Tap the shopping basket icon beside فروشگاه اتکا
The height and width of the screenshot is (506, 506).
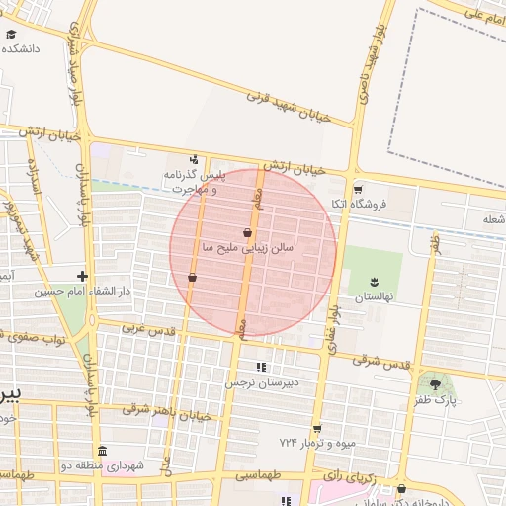tap(358, 190)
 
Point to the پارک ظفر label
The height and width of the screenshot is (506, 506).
tap(436, 400)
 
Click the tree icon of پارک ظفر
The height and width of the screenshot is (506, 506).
tap(436, 383)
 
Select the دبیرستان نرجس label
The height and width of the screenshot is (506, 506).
tap(262, 381)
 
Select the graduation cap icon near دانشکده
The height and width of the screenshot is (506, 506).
tap(11, 33)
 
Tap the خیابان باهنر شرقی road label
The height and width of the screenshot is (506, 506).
tap(168, 411)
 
